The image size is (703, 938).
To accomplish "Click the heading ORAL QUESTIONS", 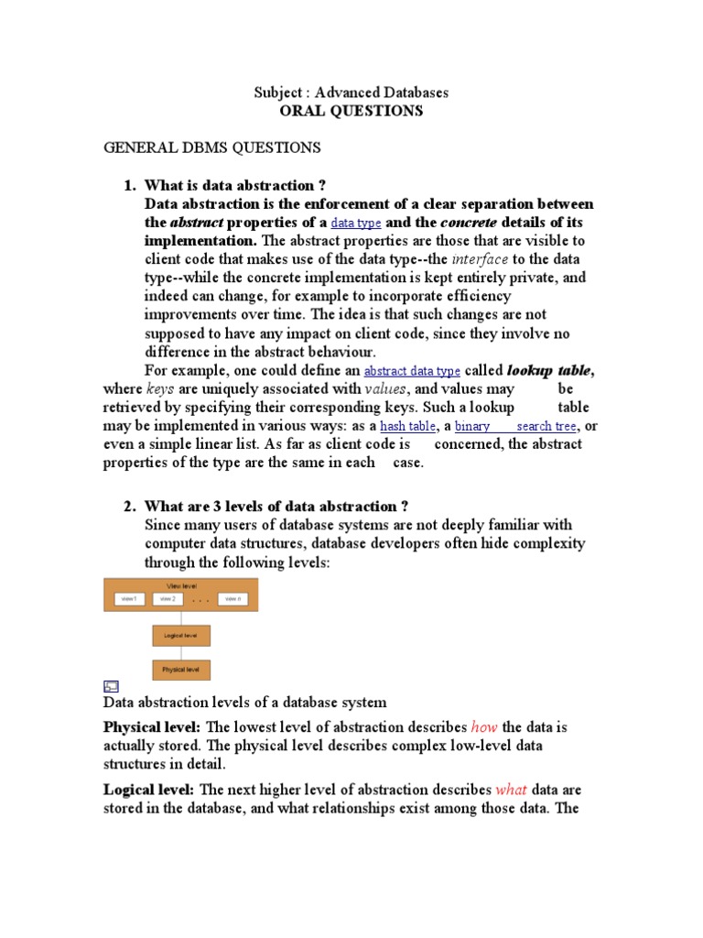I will click(351, 111).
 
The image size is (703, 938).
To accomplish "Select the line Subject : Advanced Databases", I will click(351, 93).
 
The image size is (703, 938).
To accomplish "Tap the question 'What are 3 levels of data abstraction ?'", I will click(276, 507).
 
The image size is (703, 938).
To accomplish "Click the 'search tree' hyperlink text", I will click(546, 427).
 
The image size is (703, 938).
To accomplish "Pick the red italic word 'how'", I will click(484, 727).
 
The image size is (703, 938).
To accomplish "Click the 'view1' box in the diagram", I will click(129, 599).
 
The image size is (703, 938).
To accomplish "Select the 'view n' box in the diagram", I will click(233, 599).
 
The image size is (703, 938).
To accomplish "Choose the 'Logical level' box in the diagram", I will click(181, 635).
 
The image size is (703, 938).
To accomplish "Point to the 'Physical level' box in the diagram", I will click(181, 670).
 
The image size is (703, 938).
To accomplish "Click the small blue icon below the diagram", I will click(110, 686).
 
